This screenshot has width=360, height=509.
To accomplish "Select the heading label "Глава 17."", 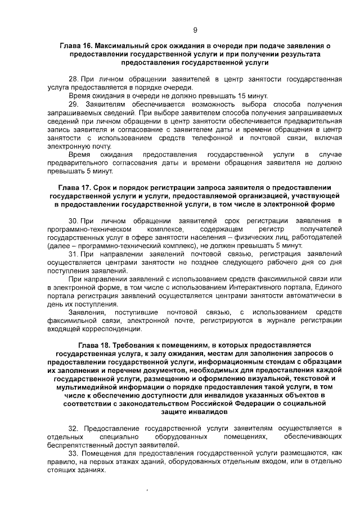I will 75,187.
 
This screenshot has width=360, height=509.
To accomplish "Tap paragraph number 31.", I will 73,255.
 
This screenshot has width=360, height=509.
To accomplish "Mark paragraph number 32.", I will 74,429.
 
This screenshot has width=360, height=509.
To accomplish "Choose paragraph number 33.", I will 74,453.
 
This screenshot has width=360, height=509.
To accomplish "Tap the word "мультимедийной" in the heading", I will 94,388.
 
